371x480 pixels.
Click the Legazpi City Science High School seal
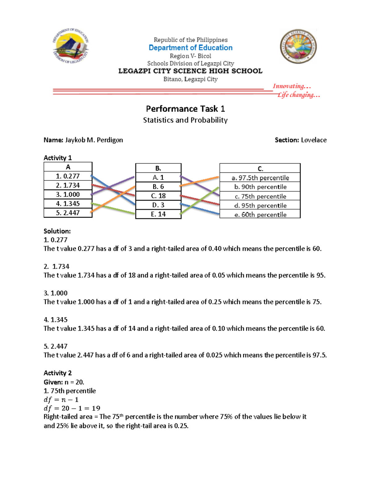coord(298,47)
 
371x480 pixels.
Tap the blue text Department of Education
coord(190,48)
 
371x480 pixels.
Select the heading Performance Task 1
coord(185,109)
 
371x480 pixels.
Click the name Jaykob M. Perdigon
coord(94,140)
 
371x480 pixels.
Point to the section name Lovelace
coord(313,140)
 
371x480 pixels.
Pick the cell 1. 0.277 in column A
coord(68,176)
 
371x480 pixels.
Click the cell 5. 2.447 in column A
coord(68,213)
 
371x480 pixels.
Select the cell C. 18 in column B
coord(158,196)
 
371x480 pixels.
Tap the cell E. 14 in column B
coord(158,214)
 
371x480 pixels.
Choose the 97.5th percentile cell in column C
coord(260,178)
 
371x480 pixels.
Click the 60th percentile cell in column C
coord(260,215)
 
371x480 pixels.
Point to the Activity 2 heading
coord(58,373)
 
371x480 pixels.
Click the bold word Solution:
coord(57,231)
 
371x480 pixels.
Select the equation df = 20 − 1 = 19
coord(72,408)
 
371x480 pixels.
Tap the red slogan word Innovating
coord(289,86)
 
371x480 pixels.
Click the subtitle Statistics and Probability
coord(185,120)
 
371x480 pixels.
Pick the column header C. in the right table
coord(260,168)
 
